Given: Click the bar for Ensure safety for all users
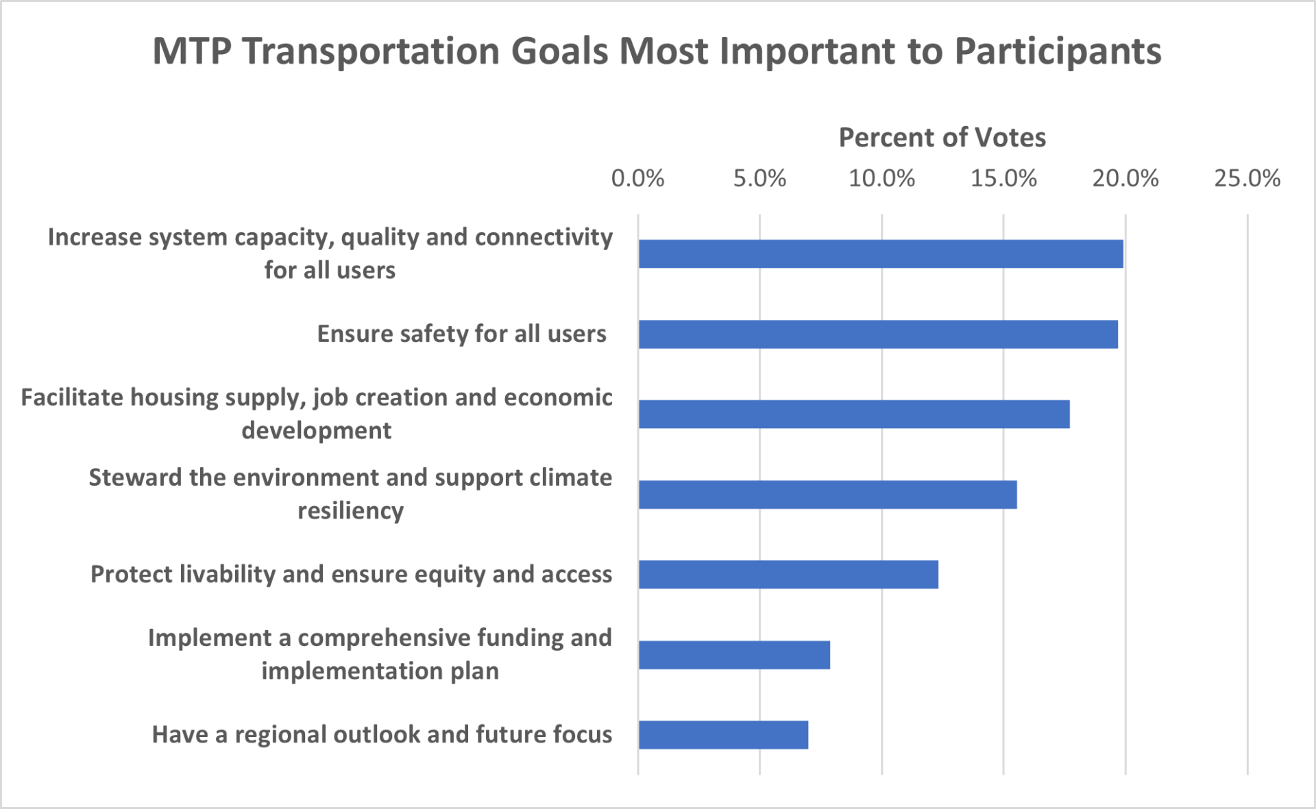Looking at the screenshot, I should [x=878, y=334].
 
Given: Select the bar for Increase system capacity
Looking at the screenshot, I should [x=881, y=254].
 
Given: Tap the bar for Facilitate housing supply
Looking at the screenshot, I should [x=854, y=414].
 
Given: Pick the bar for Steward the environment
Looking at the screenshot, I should [x=827, y=495].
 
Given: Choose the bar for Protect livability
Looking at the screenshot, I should [x=788, y=575].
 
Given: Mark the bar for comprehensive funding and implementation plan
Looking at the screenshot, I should [x=734, y=655].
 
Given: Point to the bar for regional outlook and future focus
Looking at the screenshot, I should [x=723, y=735].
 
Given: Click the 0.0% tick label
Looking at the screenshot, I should [x=637, y=179].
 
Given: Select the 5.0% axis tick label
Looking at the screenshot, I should [x=759, y=179].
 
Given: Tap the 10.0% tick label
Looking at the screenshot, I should [x=881, y=179].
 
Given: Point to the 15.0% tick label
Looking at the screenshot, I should [x=1003, y=179].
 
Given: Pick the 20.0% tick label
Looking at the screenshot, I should [x=1125, y=179].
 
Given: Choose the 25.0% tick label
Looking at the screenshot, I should [x=1247, y=179].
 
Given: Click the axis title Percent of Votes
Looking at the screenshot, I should [x=942, y=138].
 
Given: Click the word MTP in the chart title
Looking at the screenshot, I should [x=192, y=51].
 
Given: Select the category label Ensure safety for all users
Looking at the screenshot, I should [x=461, y=334].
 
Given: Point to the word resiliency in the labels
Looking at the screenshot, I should [x=350, y=511].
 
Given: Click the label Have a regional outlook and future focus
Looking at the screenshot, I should [x=382, y=735].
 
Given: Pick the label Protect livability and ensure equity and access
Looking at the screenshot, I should [x=351, y=575].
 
